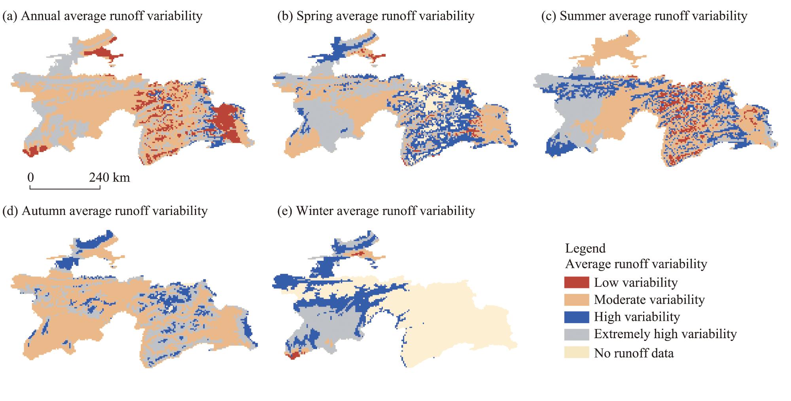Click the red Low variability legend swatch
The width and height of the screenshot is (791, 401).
(x=576, y=282)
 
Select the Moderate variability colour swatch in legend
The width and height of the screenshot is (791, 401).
(x=576, y=299)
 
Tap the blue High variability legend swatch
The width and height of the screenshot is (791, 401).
(x=576, y=317)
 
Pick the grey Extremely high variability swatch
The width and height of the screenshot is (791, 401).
(x=576, y=334)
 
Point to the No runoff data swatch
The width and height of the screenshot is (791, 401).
(x=576, y=352)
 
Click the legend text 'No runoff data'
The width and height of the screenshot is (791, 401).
(x=634, y=353)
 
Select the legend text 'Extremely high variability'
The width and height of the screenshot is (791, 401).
(x=665, y=334)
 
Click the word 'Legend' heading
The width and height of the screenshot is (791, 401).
(x=585, y=248)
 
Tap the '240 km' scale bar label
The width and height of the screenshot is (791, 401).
(x=110, y=177)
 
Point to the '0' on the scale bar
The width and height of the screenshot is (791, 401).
(x=30, y=177)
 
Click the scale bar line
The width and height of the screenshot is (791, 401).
(x=65, y=189)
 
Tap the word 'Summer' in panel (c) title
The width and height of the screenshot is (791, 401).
(x=581, y=16)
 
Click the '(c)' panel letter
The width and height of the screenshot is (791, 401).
(x=548, y=16)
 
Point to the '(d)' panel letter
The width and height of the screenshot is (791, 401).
(x=10, y=211)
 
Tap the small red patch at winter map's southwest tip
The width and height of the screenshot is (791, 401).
(x=293, y=356)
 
